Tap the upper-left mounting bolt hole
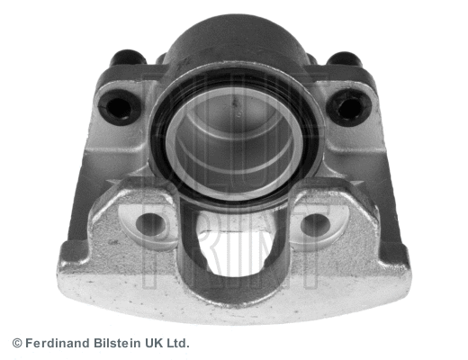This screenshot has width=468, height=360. [119, 108]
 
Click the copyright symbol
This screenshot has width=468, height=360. [16, 344]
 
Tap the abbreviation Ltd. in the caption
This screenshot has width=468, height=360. [180, 344]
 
